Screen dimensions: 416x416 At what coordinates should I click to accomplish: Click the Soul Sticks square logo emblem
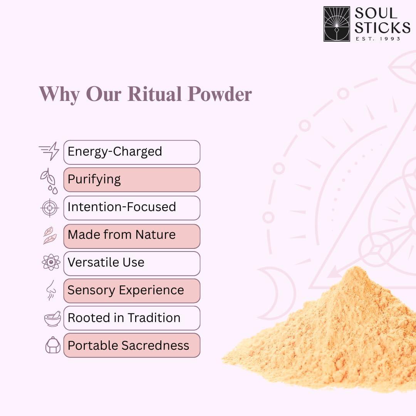click(x=337, y=24)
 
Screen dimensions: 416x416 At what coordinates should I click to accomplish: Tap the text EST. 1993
click(x=378, y=39)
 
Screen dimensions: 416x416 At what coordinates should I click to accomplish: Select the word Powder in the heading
click(x=220, y=94)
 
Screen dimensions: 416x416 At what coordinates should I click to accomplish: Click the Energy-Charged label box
click(x=132, y=152)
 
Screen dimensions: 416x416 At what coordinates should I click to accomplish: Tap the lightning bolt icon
click(x=49, y=151)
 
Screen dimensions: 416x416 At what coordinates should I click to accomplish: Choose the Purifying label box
click(x=132, y=179)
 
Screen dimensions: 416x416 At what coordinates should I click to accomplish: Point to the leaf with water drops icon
click(x=49, y=181)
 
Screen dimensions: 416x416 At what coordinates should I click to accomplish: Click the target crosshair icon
click(x=50, y=208)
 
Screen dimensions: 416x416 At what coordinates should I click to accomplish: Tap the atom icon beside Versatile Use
click(x=51, y=262)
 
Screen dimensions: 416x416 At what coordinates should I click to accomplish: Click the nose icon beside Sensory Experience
click(x=51, y=290)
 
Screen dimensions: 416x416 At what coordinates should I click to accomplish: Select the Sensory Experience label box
click(x=132, y=291)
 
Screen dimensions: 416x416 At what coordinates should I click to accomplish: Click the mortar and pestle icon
click(x=52, y=319)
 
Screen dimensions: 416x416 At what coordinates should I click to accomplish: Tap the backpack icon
click(x=53, y=345)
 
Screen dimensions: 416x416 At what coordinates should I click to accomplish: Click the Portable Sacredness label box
click(x=132, y=346)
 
